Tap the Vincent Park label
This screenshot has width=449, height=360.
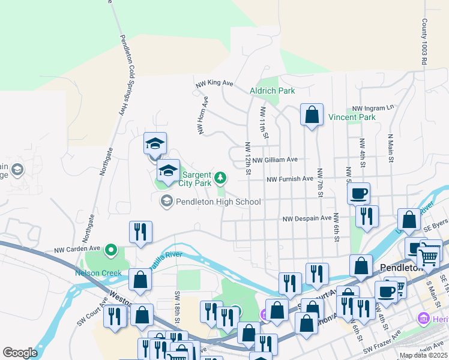tap(352, 117)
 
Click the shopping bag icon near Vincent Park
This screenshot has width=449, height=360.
tap(312, 115)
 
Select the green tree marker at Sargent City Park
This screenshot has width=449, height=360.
tap(221, 177)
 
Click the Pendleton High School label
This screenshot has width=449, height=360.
tap(217, 202)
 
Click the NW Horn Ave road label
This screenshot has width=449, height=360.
tap(202, 115)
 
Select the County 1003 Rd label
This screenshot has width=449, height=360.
tap(424, 41)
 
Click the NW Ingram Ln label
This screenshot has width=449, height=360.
tap(373, 107)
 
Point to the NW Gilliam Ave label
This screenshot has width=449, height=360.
tap(275, 160)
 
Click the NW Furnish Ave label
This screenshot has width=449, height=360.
tap(290, 179)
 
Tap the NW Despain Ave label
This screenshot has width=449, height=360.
tap(307, 218)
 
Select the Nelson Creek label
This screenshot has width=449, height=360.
tap(98, 273)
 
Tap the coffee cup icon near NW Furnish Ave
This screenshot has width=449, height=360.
tap(358, 193)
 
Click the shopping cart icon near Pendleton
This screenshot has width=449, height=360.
tap(428, 257)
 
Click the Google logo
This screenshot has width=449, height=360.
tap(20, 353)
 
